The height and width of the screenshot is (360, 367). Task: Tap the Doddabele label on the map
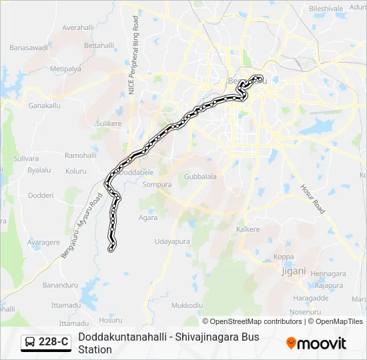(x=137, y=172)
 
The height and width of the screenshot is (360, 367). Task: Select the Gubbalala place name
(x=200, y=177)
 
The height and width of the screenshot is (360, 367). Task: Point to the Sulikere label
(x=109, y=124)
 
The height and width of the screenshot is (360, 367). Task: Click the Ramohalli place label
(x=79, y=155)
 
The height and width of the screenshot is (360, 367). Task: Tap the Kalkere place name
(x=248, y=229)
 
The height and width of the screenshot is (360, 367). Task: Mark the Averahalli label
(x=79, y=28)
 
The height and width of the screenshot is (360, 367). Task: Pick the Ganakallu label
(x=44, y=106)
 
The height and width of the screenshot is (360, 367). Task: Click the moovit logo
(x=316, y=343)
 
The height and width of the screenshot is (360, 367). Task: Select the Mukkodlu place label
(x=187, y=305)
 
